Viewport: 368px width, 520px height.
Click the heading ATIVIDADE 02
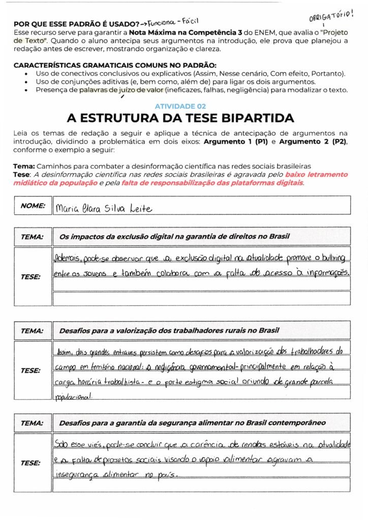pyautogui.click(x=180, y=106)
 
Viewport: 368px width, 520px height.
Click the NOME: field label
pyautogui.click(x=33, y=206)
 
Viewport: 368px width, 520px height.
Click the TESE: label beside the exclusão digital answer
pyautogui.click(x=30, y=277)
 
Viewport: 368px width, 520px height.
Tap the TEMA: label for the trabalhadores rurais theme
pyautogui.click(x=33, y=331)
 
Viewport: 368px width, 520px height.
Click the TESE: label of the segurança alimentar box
pyautogui.click(x=30, y=463)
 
